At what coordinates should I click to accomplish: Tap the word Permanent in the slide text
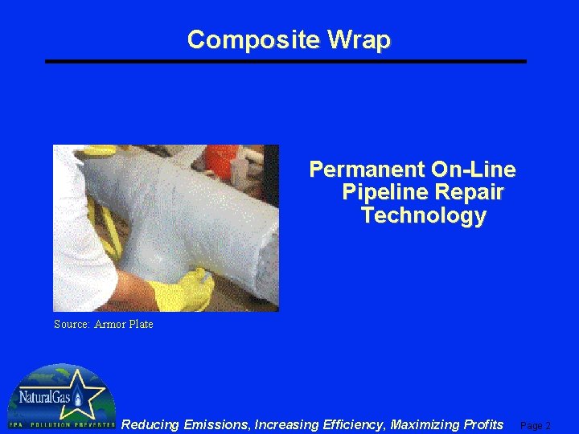367,170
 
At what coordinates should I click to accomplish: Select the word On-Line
474,170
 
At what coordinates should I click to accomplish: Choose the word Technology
424,216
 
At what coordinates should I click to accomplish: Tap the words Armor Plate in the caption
124,325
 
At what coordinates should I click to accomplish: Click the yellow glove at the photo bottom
180,291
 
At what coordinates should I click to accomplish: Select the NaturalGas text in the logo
44,397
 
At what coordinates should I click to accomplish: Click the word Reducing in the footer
150,424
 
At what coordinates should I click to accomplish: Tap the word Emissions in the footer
216,424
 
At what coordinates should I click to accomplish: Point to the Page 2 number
536,426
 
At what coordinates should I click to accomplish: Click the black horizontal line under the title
285,61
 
